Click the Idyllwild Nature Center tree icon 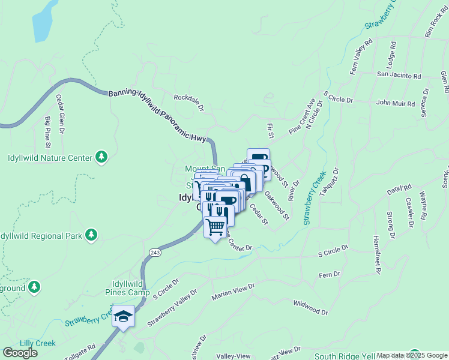click(x=101, y=157)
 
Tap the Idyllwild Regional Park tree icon click(x=91, y=234)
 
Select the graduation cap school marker click(x=124, y=316)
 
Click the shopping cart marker click(x=215, y=227)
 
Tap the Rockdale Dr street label click(x=189, y=101)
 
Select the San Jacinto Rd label click(x=399, y=76)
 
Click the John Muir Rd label click(x=396, y=103)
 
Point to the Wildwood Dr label click(x=312, y=308)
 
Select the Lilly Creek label click(x=37, y=343)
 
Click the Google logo click(x=20, y=353)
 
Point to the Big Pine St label click(x=48, y=132)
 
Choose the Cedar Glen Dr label click(x=60, y=114)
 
